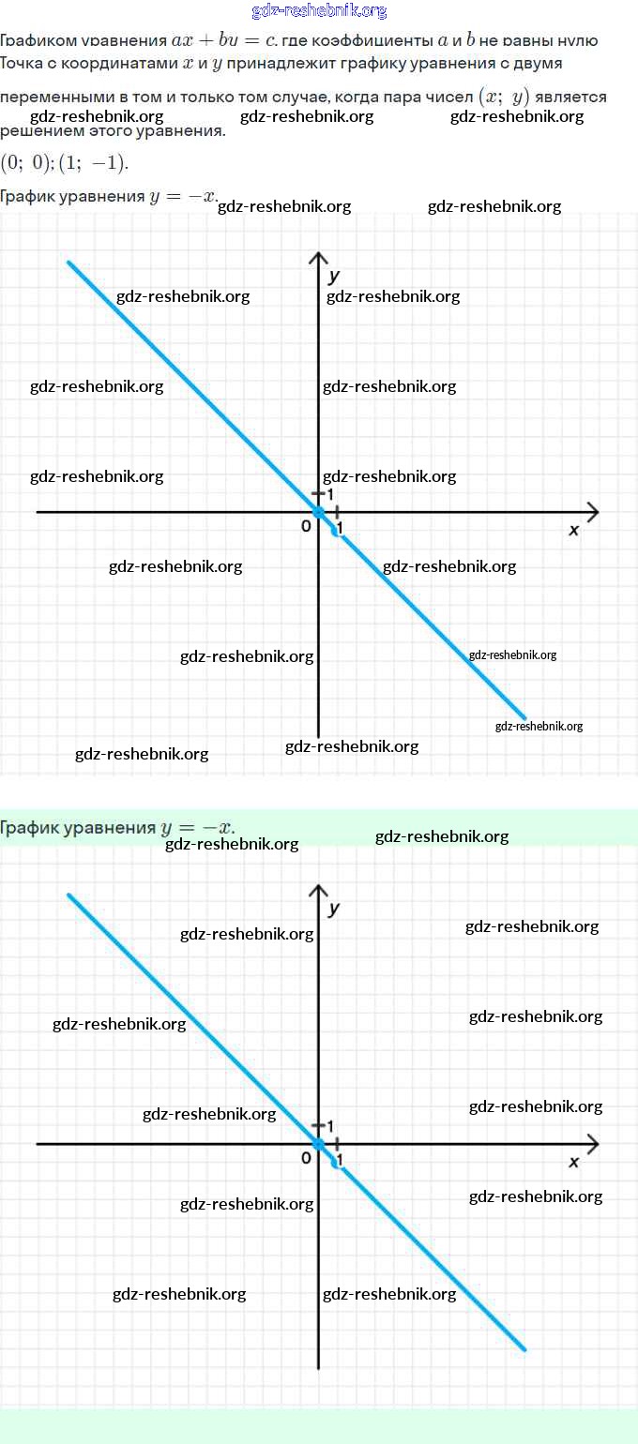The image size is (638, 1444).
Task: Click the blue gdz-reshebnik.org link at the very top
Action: pos(319,11)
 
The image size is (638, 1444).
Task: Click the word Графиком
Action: pos(36,41)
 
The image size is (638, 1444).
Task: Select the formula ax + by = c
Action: pos(217,41)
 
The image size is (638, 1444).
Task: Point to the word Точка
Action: pos(21,64)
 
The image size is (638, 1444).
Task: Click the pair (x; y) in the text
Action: pos(504,97)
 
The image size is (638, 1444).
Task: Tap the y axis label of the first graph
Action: pos(334,276)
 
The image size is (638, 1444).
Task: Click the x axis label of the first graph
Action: pos(574,530)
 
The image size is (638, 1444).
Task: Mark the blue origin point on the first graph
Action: pos(318,512)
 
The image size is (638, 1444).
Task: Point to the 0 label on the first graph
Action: pos(306,526)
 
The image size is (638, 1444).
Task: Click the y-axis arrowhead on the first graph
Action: pos(319,258)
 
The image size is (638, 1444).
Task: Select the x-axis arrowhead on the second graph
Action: pos(592,1144)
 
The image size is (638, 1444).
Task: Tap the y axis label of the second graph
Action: pos(334,908)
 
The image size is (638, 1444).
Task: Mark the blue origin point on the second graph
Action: pos(318,1144)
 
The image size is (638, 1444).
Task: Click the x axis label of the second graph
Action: pos(574,1162)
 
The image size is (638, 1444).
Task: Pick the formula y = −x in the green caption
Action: pos(197,827)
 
